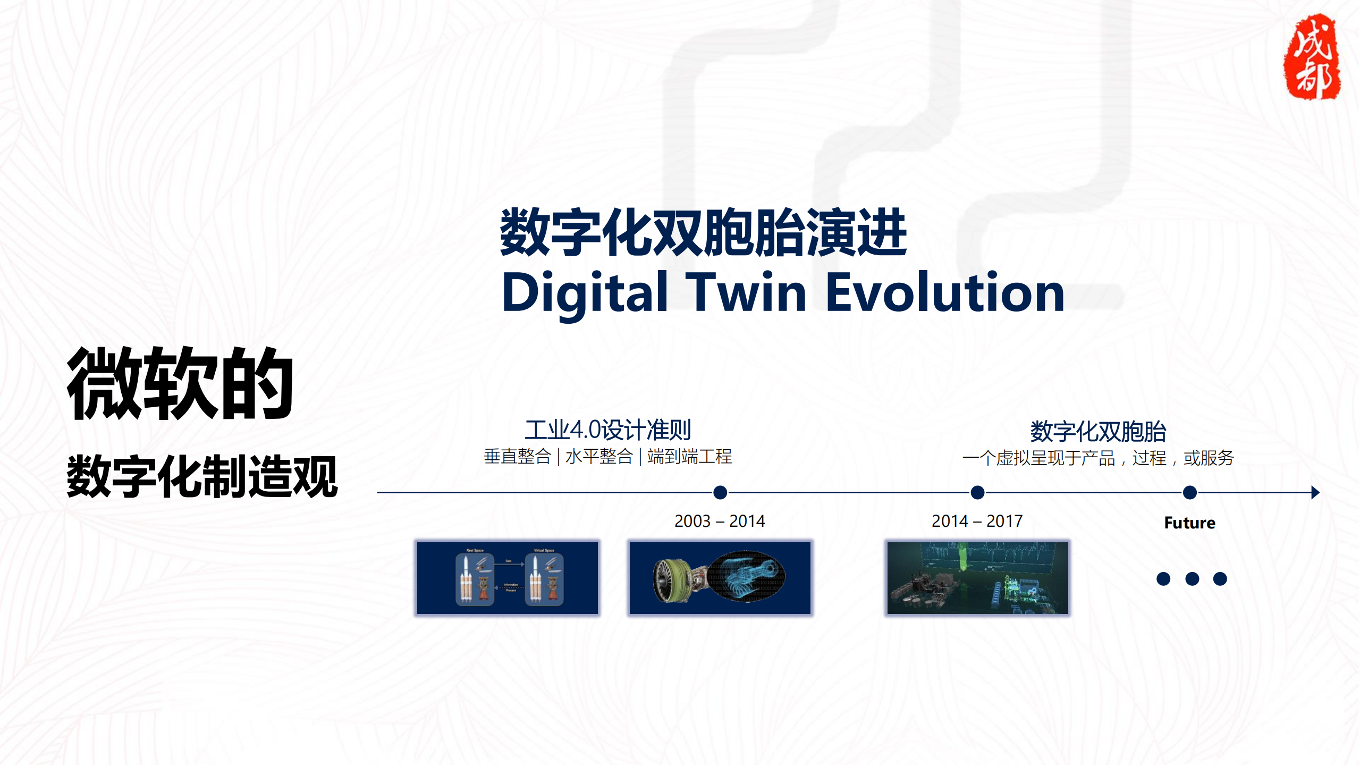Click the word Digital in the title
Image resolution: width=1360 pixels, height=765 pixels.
coord(585,292)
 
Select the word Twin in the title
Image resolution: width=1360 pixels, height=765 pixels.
coord(747,292)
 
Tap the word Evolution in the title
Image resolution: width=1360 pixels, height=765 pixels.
coord(945,292)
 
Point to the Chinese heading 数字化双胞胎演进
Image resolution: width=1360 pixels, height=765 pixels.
coord(703,233)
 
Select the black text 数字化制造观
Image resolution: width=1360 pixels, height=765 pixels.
coord(202,476)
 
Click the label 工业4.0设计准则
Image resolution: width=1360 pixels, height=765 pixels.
coord(607,430)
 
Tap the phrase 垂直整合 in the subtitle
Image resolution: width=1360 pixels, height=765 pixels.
coord(517,457)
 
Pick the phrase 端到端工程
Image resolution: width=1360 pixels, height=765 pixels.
coord(689,457)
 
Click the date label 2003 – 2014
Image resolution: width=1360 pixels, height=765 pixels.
coord(720,521)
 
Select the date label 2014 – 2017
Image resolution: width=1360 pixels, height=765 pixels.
coord(977,521)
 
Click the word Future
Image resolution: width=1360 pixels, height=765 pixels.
coord(1189,523)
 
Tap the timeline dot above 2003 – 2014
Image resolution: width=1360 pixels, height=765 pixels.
coord(720,492)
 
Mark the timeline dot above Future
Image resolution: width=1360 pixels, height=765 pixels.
coord(1190,492)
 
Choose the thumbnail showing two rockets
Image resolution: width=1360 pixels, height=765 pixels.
coord(508,578)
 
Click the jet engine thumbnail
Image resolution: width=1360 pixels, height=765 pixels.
coord(720,578)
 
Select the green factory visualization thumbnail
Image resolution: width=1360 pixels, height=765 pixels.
coord(977,578)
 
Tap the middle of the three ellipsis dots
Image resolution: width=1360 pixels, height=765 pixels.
coord(1192,578)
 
